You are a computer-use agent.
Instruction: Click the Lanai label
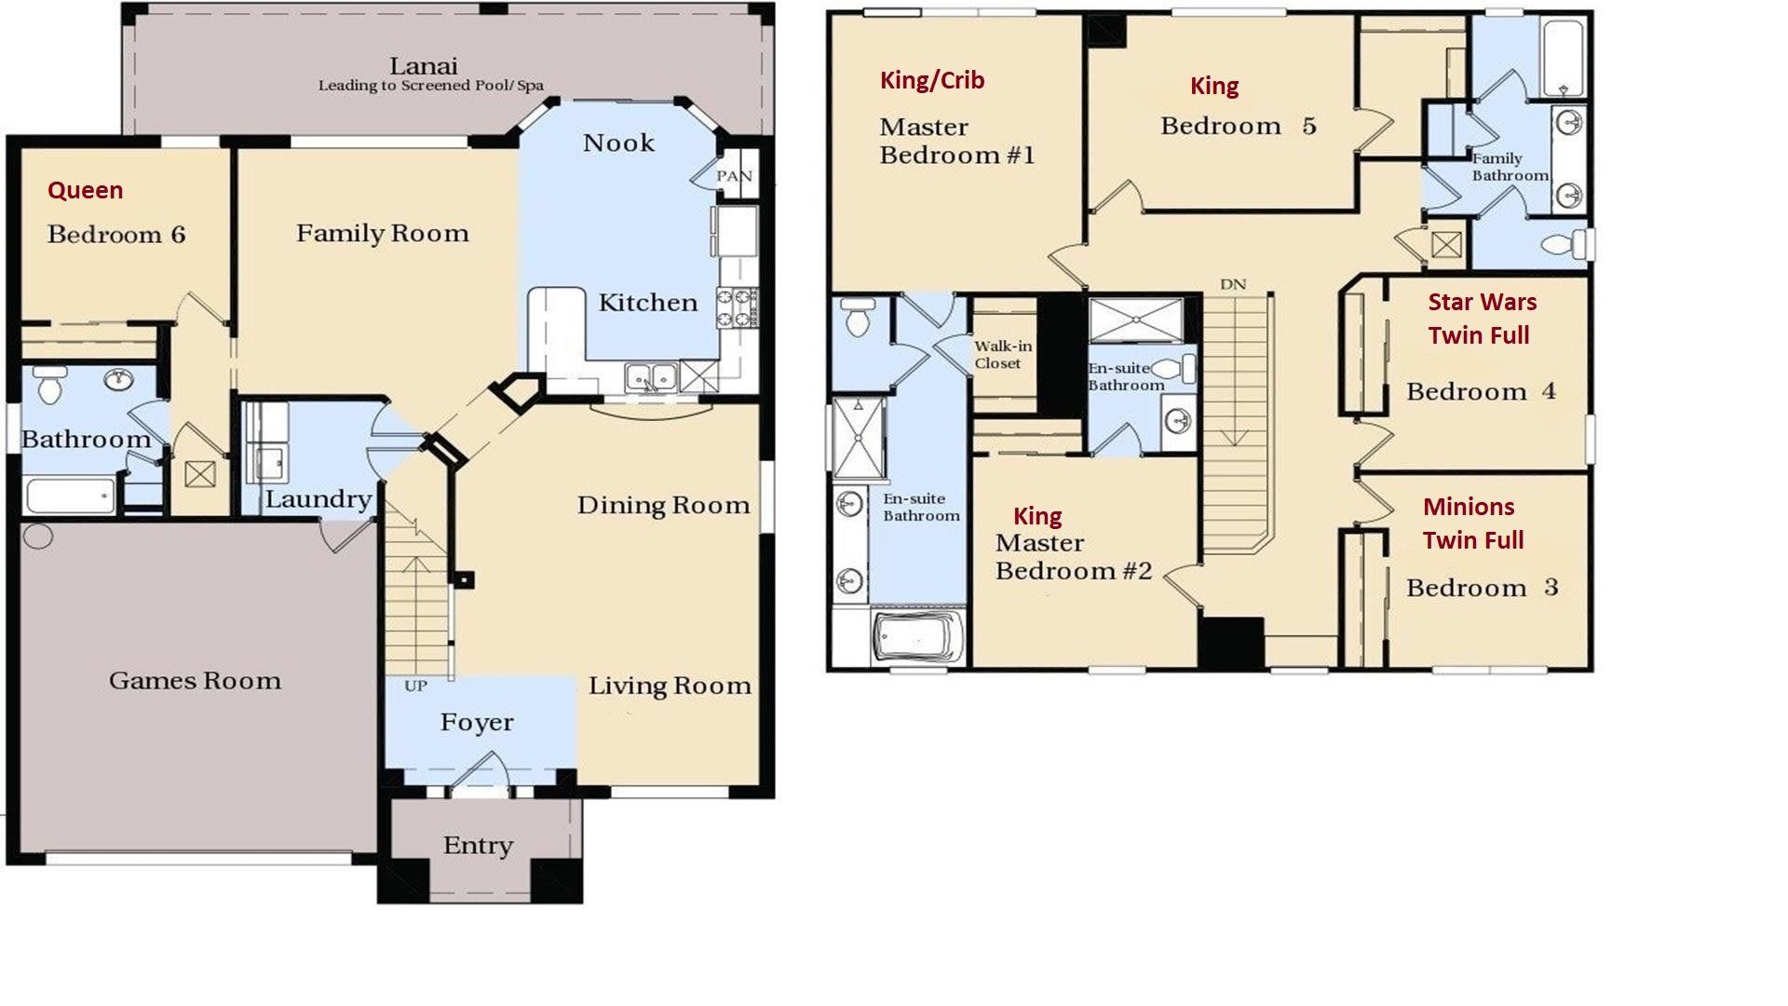point(424,66)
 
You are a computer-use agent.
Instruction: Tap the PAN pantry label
point(734,176)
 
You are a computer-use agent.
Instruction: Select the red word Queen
point(85,190)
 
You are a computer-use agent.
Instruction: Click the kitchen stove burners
point(737,307)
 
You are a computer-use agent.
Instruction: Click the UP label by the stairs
point(415,687)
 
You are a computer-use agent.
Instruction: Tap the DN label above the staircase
point(1233,284)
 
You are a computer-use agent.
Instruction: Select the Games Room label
point(195,681)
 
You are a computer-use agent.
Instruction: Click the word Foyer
point(477,723)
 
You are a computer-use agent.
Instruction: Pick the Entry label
point(478,846)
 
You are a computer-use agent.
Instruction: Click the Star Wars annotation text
point(1483,302)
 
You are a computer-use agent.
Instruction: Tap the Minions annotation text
point(1469,507)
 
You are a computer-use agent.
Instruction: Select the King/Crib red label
point(932,80)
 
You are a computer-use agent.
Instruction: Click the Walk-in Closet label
point(1002,355)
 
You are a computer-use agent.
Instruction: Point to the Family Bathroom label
point(1509,167)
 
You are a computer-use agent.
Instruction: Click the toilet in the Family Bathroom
point(1564,245)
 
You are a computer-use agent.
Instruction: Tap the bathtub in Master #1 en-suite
point(917,639)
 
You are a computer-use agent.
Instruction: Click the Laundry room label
point(318,499)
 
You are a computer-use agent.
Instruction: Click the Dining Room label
point(663,506)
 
